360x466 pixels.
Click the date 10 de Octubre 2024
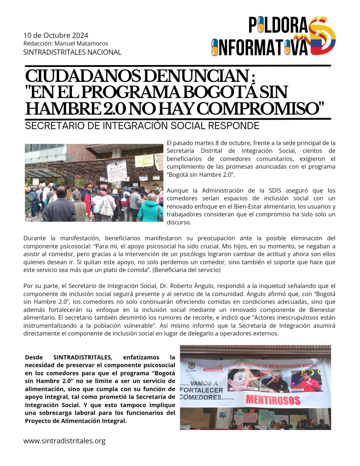(x=56, y=35)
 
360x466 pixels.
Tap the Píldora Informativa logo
(x=274, y=36)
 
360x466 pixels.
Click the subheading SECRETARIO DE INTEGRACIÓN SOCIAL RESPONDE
(x=142, y=126)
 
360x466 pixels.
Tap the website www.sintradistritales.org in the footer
(x=64, y=441)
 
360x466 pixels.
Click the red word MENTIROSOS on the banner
(x=273, y=400)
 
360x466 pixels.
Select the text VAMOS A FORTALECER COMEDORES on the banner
(x=203, y=390)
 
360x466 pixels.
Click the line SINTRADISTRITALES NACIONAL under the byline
(x=72, y=52)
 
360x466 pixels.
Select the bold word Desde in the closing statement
(x=35, y=357)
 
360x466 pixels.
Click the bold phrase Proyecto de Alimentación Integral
(x=75, y=421)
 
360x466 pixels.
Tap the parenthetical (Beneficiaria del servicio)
(x=186, y=270)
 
